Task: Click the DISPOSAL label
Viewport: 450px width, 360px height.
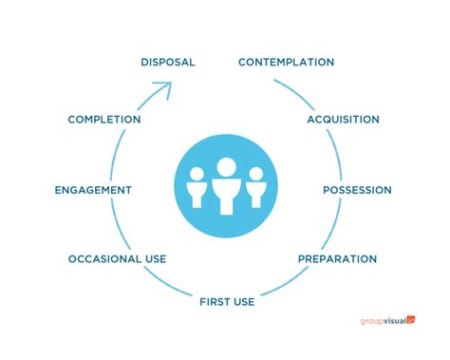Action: click(167, 62)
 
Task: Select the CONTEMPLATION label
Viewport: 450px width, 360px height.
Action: click(286, 62)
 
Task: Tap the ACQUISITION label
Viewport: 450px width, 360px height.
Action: click(343, 120)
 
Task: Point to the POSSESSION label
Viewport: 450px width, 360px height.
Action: click(357, 190)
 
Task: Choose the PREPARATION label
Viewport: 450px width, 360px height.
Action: click(337, 258)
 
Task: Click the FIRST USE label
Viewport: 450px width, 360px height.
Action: click(227, 302)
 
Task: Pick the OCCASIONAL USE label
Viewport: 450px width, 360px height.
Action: click(117, 258)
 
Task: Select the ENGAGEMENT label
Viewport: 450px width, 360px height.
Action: click(93, 190)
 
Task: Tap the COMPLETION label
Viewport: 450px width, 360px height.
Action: click(104, 120)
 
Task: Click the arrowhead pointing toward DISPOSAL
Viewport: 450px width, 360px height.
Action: click(163, 89)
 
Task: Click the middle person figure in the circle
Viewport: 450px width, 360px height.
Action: click(225, 190)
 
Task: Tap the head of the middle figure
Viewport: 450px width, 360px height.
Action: click(225, 168)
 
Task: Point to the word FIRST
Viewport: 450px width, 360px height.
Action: click(215, 302)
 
